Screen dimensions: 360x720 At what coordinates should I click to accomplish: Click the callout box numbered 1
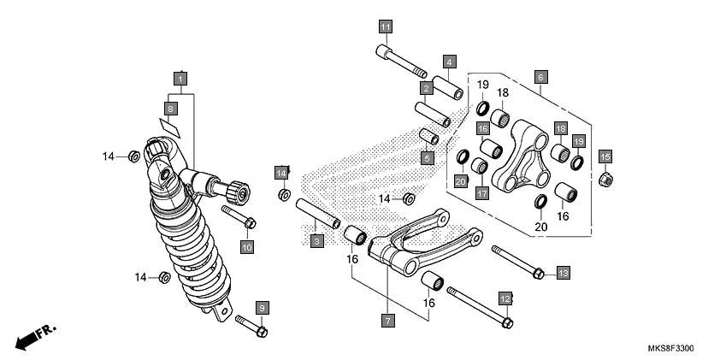point(180,76)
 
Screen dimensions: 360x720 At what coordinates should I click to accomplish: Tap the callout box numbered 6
point(540,76)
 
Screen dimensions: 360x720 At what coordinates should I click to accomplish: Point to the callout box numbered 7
point(387,321)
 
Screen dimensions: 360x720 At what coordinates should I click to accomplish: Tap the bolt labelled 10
point(239,215)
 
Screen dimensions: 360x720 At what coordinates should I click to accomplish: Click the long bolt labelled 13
point(518,262)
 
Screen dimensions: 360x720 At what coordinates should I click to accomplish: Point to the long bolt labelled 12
point(479,307)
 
